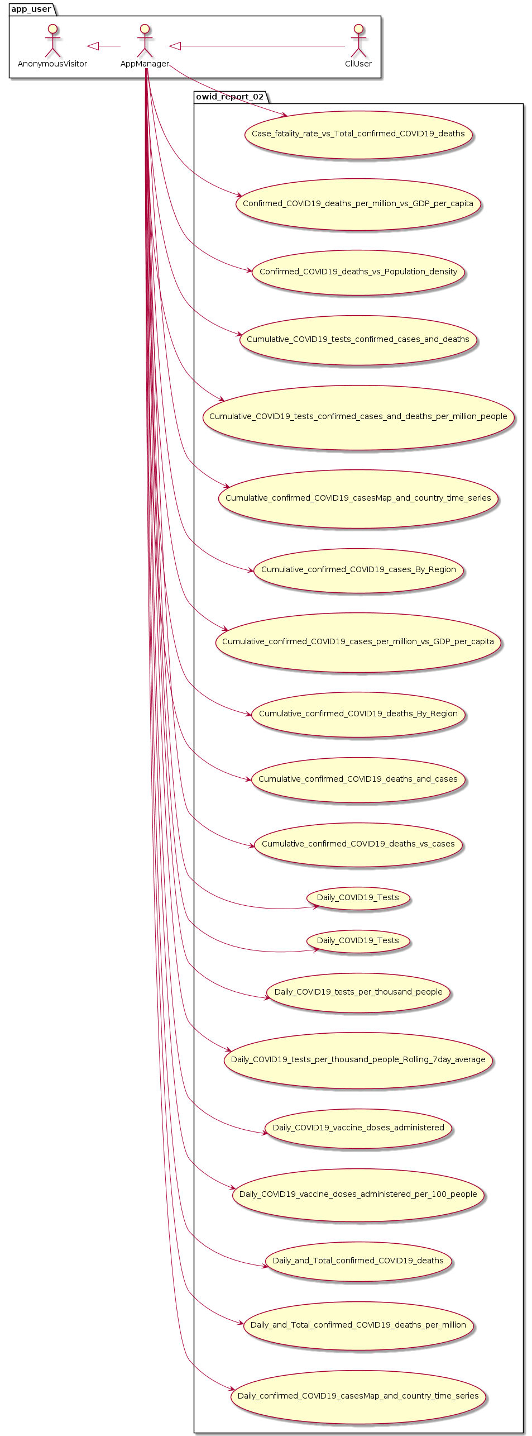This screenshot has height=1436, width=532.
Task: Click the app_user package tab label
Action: (x=31, y=9)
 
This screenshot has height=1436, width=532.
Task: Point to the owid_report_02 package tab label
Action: (x=229, y=97)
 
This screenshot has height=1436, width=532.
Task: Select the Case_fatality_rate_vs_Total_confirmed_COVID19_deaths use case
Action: (x=358, y=134)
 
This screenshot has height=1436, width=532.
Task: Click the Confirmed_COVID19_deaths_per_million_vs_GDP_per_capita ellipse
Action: (x=358, y=204)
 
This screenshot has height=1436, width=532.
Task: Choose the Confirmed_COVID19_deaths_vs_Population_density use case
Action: (x=358, y=272)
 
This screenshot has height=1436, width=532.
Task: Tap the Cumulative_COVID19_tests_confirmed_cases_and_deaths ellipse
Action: (x=358, y=340)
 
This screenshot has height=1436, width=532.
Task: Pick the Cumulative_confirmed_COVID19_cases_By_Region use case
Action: (x=358, y=570)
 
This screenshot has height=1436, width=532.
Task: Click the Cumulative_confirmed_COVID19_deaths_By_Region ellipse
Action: (x=358, y=714)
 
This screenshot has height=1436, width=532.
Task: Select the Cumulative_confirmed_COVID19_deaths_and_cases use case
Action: (x=358, y=779)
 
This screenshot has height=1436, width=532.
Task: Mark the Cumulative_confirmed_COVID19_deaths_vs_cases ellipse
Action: (x=358, y=844)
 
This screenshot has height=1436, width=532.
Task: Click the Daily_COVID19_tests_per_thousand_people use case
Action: (x=358, y=992)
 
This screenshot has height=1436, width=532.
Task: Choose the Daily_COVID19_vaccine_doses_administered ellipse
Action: (x=358, y=1128)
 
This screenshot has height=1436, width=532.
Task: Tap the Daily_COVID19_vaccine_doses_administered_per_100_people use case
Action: (x=358, y=1195)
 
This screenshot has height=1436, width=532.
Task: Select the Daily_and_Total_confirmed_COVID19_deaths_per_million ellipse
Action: (x=358, y=1325)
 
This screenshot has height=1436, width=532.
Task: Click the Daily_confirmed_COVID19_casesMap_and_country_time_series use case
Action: (x=358, y=1396)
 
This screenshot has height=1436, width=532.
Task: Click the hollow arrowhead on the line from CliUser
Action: (x=175, y=46)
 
